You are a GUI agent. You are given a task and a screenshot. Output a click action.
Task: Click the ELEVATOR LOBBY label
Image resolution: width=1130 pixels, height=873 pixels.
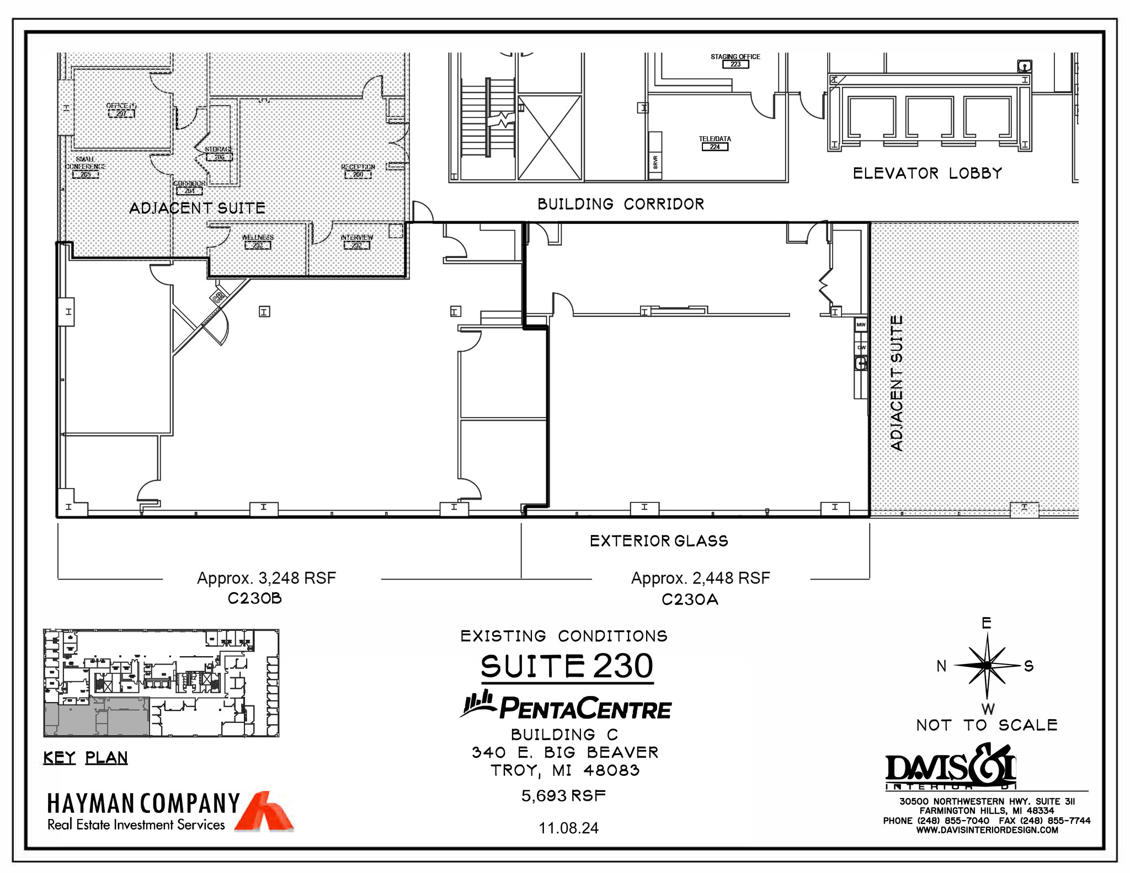click(x=927, y=173)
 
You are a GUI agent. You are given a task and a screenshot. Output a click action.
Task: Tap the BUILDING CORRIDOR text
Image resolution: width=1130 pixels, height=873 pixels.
click(x=621, y=204)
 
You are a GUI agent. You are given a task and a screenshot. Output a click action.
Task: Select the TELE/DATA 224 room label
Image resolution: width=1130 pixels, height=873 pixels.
click(x=715, y=143)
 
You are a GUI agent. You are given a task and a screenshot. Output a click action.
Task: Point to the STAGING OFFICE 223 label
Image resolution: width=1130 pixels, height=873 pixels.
click(x=735, y=61)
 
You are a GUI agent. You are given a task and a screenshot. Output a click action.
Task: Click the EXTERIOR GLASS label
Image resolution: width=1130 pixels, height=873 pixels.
click(x=659, y=541)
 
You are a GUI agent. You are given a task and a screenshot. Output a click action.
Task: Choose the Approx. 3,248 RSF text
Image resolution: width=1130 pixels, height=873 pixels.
click(x=266, y=578)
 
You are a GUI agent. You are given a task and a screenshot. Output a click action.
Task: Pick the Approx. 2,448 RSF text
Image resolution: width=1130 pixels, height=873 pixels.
click(x=700, y=578)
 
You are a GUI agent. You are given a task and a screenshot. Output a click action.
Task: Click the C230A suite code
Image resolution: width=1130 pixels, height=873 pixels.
click(x=690, y=599)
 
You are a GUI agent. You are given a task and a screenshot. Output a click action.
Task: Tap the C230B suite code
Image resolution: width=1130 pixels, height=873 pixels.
click(x=255, y=598)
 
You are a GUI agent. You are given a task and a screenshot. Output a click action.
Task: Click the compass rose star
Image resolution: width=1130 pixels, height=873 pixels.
click(x=987, y=666)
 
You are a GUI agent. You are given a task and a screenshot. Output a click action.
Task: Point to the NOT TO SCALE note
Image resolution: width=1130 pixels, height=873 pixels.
click(x=987, y=725)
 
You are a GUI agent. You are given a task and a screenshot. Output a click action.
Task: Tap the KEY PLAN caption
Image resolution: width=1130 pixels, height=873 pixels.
click(x=86, y=758)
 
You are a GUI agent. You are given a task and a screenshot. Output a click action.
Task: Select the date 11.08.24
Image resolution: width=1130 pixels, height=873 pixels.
click(x=568, y=828)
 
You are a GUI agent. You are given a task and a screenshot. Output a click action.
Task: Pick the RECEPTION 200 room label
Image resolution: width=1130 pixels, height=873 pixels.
click(x=358, y=170)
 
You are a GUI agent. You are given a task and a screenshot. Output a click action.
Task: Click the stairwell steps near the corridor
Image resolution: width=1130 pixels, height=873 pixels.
click(x=475, y=119)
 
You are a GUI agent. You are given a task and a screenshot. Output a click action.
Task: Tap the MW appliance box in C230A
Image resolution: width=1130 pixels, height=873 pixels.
click(x=861, y=325)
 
